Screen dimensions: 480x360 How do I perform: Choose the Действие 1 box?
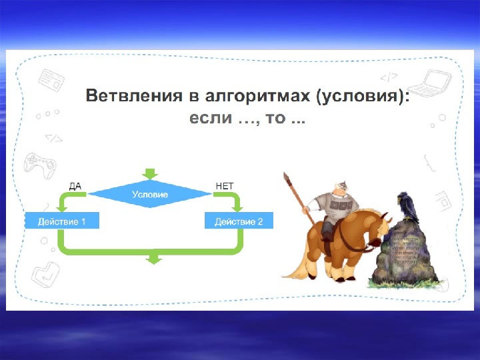[x=62, y=221]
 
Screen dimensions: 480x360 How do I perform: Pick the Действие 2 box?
[x=238, y=221]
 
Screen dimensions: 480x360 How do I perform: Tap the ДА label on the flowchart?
[x=75, y=186]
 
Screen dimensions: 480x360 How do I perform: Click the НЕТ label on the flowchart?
[x=225, y=186]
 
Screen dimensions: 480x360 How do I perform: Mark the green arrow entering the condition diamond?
[x=151, y=173]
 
